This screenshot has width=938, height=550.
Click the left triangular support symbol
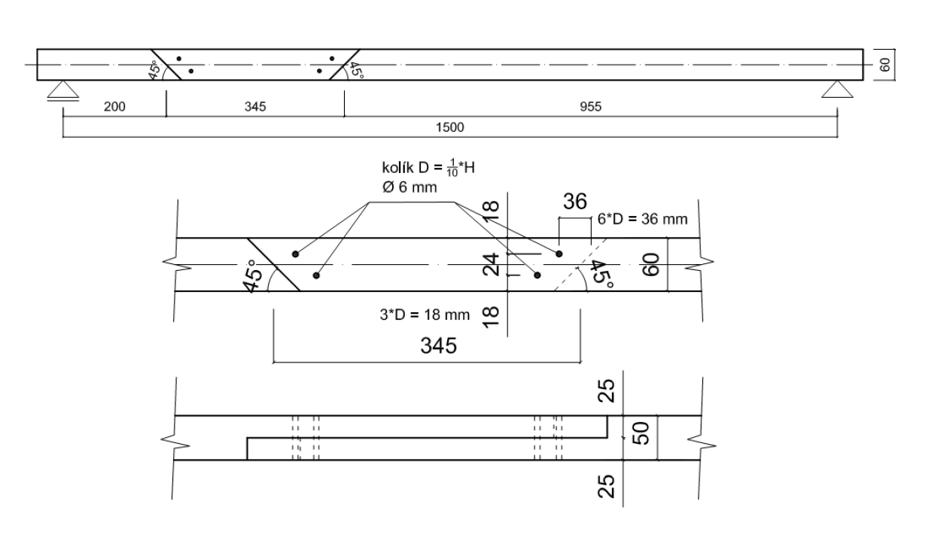click(x=63, y=91)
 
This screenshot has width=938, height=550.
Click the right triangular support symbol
click(x=838, y=91)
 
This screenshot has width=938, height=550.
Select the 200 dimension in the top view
click(x=114, y=106)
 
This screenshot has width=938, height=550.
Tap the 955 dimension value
click(x=590, y=106)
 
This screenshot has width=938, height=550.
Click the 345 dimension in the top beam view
click(x=254, y=106)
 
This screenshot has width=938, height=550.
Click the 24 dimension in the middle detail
click(x=493, y=264)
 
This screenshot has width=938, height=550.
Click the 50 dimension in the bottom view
click(x=641, y=435)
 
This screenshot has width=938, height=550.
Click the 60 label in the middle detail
click(x=652, y=264)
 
